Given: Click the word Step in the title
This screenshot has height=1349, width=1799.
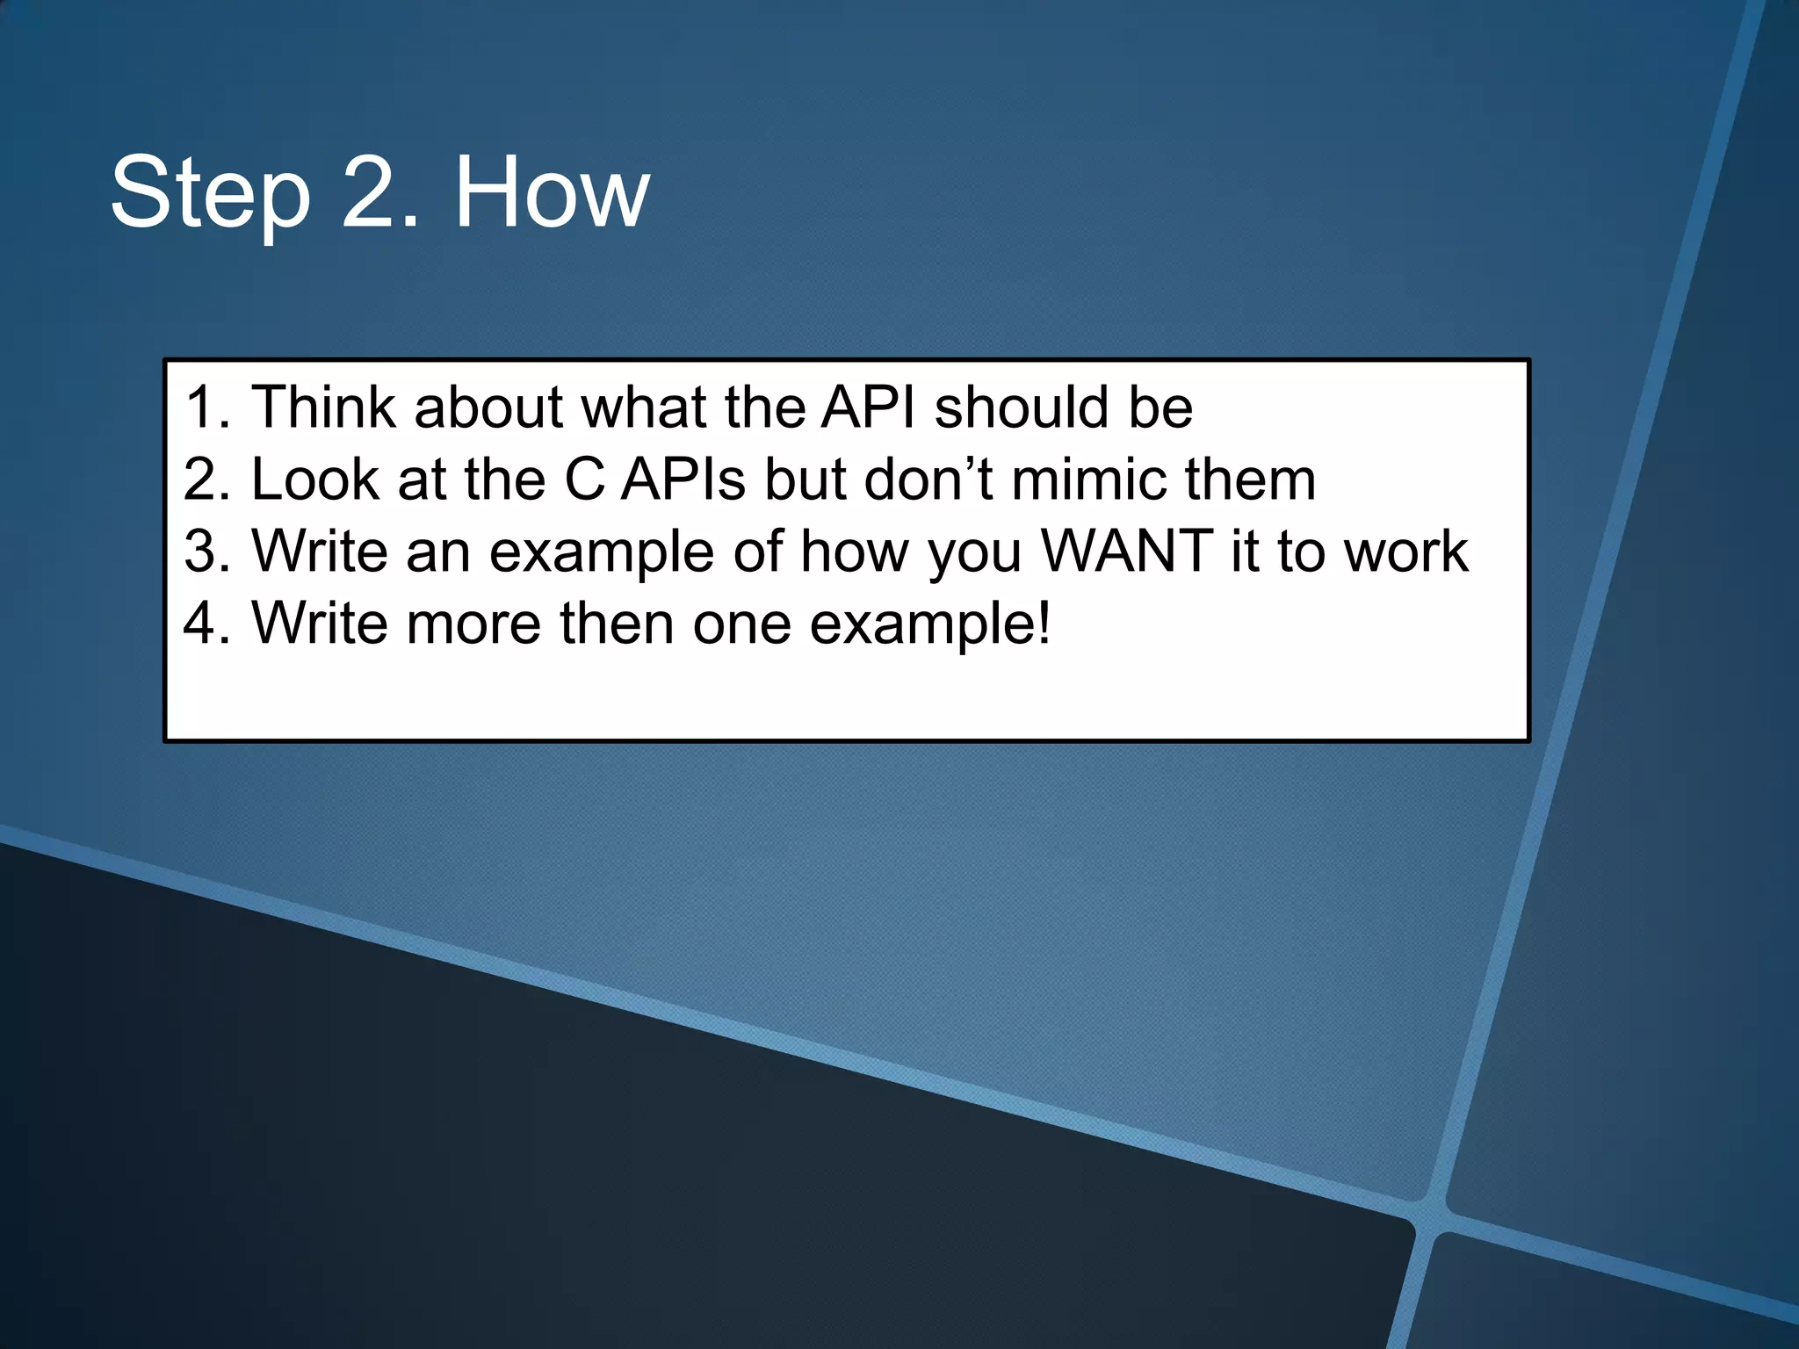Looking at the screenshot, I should pos(211,193).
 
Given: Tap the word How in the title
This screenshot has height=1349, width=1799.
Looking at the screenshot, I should pos(552,193).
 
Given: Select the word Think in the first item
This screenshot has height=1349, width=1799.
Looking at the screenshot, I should pos(322,408).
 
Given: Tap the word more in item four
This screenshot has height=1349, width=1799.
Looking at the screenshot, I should pos(473,624).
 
